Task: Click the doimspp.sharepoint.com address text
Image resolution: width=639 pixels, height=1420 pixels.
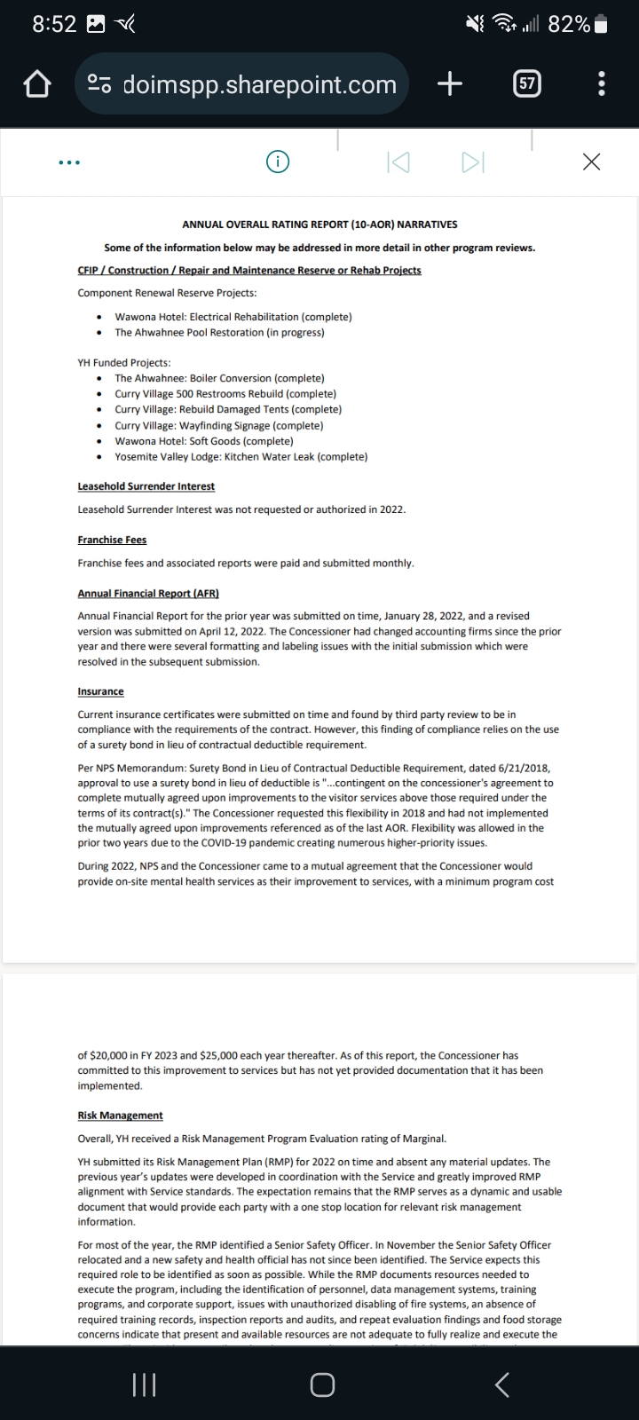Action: (259, 84)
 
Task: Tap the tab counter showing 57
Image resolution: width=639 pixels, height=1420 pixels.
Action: (527, 84)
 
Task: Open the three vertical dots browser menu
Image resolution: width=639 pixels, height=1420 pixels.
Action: (603, 84)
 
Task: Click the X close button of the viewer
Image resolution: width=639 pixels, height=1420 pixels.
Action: (591, 162)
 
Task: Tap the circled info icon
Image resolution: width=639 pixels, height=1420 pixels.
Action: (279, 162)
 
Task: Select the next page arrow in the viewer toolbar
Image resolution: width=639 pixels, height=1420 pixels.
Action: (472, 162)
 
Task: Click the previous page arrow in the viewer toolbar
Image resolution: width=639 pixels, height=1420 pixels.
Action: (398, 162)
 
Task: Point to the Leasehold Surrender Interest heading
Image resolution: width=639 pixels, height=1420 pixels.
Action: (146, 486)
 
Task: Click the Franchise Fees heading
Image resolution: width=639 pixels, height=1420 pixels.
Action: (112, 540)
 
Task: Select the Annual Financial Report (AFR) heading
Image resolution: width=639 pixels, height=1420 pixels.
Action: (148, 593)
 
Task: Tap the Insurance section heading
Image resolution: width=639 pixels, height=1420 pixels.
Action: (100, 691)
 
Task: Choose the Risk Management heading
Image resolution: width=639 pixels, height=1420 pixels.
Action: (120, 1115)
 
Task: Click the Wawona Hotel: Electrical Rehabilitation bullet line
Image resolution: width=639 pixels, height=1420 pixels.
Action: (233, 317)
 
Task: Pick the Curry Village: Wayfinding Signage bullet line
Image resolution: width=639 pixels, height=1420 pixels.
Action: (218, 425)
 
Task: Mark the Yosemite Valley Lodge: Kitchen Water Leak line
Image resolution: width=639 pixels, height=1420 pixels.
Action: (241, 457)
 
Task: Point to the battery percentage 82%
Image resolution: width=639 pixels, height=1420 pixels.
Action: (569, 25)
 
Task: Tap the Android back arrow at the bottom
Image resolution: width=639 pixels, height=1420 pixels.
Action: (501, 1384)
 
